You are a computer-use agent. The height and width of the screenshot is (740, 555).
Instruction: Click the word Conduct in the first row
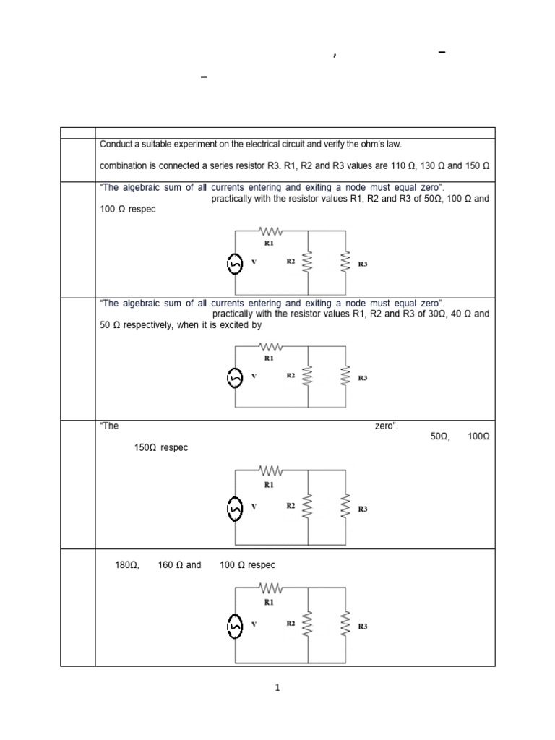(x=116, y=144)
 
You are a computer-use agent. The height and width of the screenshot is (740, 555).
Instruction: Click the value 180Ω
(x=126, y=564)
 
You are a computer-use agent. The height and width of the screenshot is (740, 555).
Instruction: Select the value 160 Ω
(x=169, y=564)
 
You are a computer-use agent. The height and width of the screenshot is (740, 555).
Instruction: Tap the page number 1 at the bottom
(x=277, y=687)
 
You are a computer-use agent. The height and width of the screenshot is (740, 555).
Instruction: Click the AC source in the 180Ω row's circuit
(x=235, y=624)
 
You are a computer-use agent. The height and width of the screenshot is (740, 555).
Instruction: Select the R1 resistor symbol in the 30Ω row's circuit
(x=269, y=347)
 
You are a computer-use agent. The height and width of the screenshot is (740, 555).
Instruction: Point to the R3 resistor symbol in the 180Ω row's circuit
(x=345, y=624)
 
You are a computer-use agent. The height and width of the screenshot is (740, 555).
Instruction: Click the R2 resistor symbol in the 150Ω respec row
(x=309, y=507)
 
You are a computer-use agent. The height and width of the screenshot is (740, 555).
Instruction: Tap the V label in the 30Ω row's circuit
(x=254, y=376)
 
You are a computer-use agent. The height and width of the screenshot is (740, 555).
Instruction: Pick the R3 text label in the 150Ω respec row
(x=363, y=509)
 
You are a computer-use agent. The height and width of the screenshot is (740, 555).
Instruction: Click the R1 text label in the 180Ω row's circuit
(x=269, y=601)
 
